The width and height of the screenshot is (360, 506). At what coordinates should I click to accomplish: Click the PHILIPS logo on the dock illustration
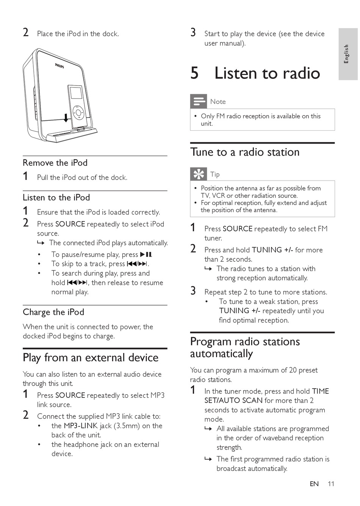(x=59, y=66)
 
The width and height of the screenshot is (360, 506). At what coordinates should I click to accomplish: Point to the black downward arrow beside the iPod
(x=66, y=118)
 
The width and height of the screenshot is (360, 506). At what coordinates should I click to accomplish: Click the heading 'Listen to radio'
(x=267, y=73)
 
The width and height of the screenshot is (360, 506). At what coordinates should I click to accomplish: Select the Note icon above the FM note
(x=198, y=102)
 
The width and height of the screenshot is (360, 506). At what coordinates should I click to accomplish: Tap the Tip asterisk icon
(x=198, y=174)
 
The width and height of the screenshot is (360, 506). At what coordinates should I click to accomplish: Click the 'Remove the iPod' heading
(x=55, y=163)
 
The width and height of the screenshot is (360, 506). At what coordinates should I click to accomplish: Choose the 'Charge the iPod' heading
(x=53, y=312)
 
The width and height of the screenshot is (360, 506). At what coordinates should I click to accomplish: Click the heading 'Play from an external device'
(x=91, y=358)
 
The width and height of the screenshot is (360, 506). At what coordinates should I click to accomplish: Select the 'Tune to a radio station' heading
(x=245, y=152)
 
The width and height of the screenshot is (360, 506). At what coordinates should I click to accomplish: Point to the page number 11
(x=331, y=484)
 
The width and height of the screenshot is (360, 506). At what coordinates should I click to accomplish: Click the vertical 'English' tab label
(x=346, y=54)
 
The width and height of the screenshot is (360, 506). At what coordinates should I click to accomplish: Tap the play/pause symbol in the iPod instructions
(x=146, y=255)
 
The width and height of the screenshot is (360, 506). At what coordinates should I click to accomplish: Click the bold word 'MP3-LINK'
(x=81, y=426)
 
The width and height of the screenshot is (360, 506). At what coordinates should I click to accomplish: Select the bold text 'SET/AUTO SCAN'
(x=233, y=400)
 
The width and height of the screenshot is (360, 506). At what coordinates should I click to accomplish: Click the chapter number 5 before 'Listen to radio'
(x=194, y=73)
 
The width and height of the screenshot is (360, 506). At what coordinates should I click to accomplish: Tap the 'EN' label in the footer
(x=314, y=484)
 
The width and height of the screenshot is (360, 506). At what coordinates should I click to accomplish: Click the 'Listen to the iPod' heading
(x=56, y=198)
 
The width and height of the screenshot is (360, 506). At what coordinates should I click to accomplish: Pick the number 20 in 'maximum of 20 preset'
(x=293, y=370)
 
